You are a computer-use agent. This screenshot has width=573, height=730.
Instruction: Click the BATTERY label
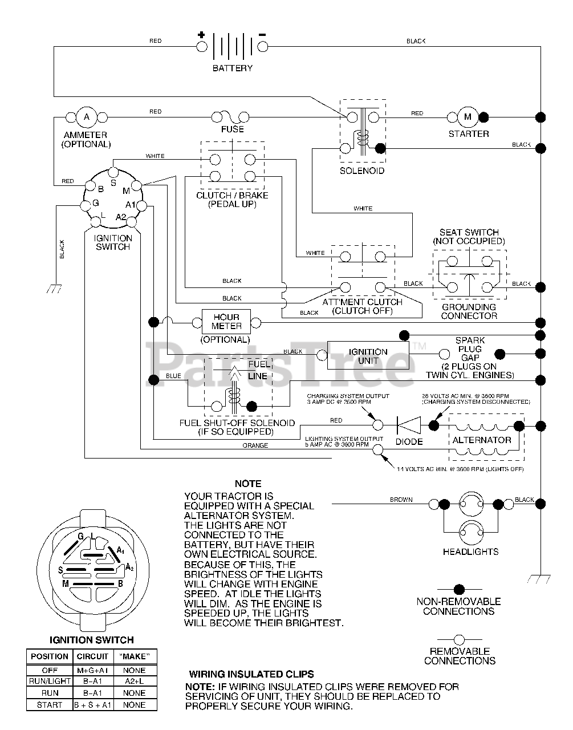(232, 68)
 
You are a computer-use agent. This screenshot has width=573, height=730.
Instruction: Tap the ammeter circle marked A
(87, 117)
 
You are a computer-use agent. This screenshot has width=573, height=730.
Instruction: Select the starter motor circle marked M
(468, 117)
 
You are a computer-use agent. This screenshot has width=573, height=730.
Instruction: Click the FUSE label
(232, 129)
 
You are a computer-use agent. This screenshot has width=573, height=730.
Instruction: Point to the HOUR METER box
(226, 322)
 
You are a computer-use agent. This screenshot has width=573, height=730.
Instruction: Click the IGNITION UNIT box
(368, 356)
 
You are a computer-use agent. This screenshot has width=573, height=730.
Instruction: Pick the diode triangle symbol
(409, 425)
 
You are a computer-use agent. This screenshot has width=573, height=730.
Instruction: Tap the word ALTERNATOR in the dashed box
(482, 440)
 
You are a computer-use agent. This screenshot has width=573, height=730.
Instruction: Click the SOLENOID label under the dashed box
(362, 171)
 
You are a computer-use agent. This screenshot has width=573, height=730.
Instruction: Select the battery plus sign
(201, 35)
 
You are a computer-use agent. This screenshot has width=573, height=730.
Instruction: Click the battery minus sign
(262, 35)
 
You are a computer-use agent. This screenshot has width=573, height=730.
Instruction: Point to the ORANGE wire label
(255, 445)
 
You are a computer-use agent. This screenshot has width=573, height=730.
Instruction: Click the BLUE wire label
(173, 376)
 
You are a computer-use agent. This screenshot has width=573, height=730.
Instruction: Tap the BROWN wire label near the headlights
(401, 500)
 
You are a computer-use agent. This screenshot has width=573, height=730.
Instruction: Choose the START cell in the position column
(50, 705)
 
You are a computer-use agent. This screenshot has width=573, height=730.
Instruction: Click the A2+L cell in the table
(135, 681)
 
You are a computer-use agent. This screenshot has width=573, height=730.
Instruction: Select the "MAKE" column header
(135, 656)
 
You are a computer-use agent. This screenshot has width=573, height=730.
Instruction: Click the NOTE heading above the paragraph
(248, 484)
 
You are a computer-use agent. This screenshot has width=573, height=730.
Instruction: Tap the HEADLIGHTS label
(470, 551)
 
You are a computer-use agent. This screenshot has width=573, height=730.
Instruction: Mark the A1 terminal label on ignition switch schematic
(130, 205)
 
